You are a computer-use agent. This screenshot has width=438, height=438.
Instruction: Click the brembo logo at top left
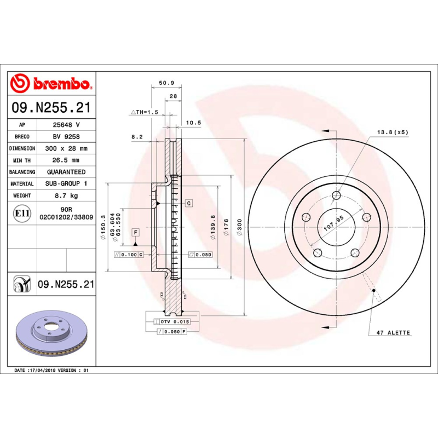click(x=50, y=83)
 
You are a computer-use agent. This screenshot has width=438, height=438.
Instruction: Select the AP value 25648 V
click(x=66, y=125)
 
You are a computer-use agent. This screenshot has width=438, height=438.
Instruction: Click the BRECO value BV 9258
click(x=66, y=136)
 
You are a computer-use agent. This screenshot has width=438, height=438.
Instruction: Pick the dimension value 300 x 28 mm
click(x=66, y=148)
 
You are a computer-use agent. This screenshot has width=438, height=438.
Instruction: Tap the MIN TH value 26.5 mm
click(x=66, y=160)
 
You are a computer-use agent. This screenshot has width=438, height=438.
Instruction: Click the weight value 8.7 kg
click(x=66, y=195)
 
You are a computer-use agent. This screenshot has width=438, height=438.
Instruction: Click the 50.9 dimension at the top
click(x=166, y=83)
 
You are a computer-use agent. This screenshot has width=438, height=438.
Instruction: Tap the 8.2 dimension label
click(x=137, y=136)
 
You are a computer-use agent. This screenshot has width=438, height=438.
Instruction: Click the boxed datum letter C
click(x=188, y=203)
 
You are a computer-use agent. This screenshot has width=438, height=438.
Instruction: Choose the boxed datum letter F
click(x=135, y=232)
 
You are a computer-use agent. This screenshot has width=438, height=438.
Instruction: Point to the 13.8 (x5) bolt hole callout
click(x=393, y=132)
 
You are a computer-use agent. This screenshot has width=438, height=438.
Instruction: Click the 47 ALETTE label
click(x=393, y=332)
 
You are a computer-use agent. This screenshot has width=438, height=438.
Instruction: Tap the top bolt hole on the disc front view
click(x=336, y=195)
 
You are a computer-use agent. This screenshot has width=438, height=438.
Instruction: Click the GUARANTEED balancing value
click(x=66, y=172)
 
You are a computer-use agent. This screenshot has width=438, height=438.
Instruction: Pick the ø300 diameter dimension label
click(x=238, y=227)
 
